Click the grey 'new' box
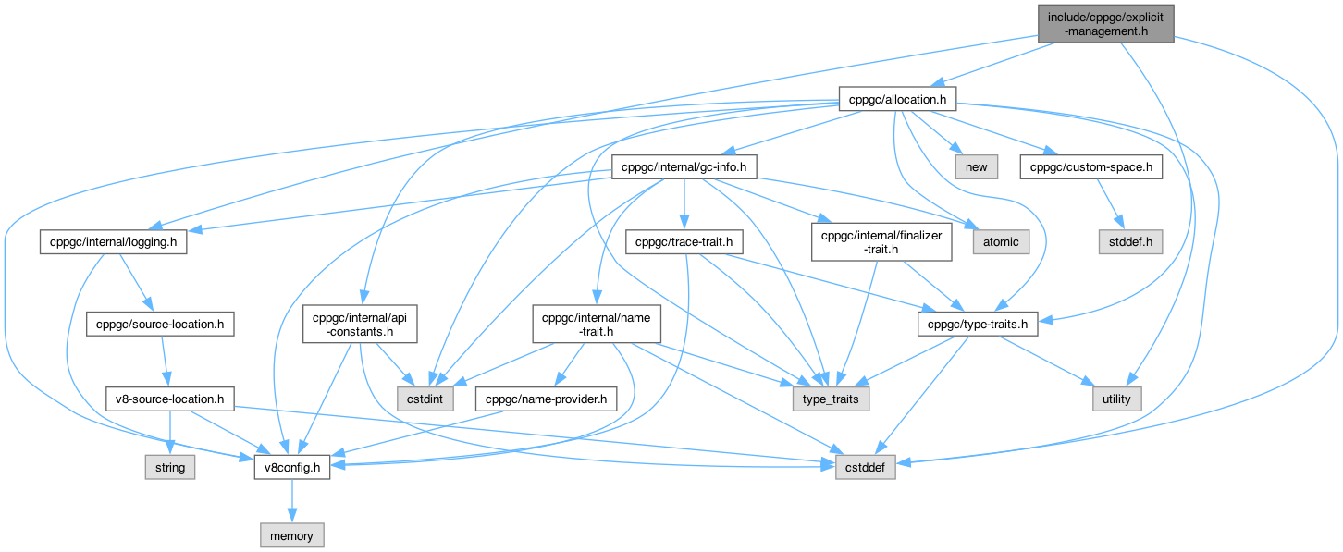click(975, 167)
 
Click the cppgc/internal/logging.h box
click(114, 241)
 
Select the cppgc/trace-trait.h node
click(684, 241)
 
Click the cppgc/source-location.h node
click(159, 325)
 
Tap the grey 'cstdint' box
click(422, 399)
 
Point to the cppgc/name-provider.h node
click(546, 399)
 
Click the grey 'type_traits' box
click(831, 399)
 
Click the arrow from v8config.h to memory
click(292, 500)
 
